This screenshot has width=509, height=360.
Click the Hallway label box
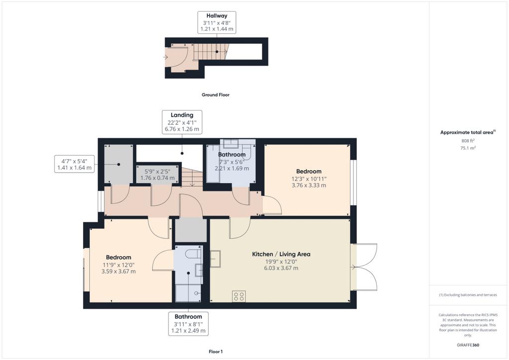pyautogui.click(x=217, y=22)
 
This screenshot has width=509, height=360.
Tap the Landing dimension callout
pyautogui.click(x=182, y=122)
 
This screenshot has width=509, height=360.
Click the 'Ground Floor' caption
pyautogui.click(x=216, y=95)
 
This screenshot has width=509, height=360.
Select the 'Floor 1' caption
pyautogui.click(x=216, y=352)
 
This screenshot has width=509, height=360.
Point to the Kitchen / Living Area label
pyautogui.click(x=281, y=254)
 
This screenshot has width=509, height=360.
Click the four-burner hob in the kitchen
pyautogui.click(x=239, y=296)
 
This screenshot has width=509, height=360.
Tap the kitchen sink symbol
pyautogui.click(x=215, y=259)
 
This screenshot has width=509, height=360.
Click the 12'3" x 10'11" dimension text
pyautogui.click(x=309, y=179)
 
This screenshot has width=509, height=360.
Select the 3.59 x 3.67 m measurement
pyautogui.click(x=118, y=271)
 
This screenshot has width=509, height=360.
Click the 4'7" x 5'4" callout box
pyautogui.click(x=75, y=164)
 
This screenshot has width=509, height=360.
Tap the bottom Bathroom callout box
pyautogui.click(x=188, y=324)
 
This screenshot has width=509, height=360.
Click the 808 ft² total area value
pyautogui.click(x=468, y=141)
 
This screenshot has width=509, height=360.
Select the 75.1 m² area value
pyautogui.click(x=468, y=148)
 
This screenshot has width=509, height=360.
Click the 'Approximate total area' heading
pyautogui.click(x=468, y=132)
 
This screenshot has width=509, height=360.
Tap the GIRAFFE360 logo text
pyautogui.click(x=468, y=345)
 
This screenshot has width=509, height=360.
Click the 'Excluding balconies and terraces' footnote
pyautogui.click(x=468, y=295)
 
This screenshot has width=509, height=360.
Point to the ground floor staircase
pyautogui.click(x=211, y=52)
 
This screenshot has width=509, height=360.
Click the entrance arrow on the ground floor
pyautogui.click(x=166, y=57)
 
